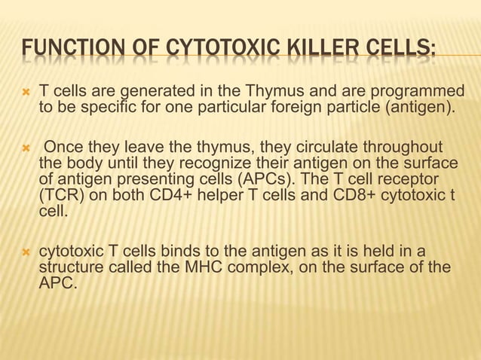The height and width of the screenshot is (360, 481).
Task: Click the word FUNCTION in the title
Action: [63, 53]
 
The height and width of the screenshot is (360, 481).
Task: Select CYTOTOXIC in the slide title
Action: [213, 53]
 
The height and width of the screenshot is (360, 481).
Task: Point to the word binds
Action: [164, 250]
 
